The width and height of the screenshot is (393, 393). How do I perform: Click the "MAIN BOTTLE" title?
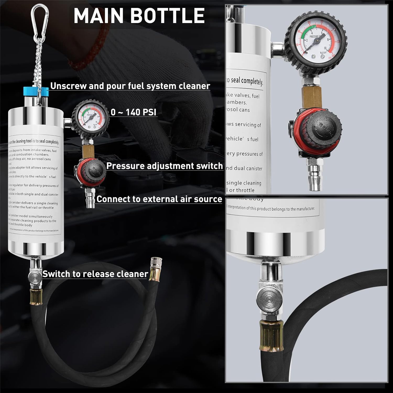(139, 16)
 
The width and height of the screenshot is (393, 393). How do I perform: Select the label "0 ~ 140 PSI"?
(133, 112)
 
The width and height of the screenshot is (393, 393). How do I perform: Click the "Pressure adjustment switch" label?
(164, 166)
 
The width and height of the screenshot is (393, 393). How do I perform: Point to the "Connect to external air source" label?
(159, 199)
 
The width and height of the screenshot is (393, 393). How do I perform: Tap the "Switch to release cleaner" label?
(95, 274)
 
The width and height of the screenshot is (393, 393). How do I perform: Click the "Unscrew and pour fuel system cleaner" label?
(130, 86)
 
